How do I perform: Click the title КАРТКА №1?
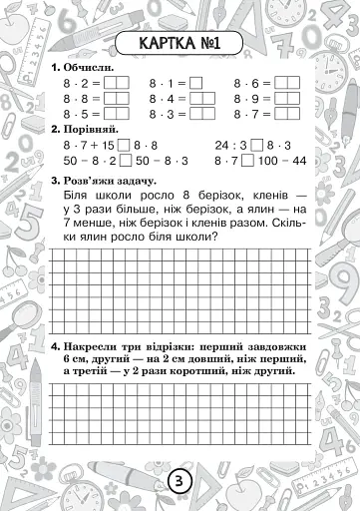coord(180,43)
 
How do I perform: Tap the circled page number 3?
coord(180,480)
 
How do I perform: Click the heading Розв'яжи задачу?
coord(111,181)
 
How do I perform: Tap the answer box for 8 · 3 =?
coord(196,115)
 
